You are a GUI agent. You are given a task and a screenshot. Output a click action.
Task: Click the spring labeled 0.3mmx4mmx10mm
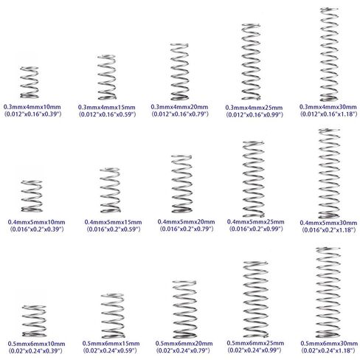pyautogui.click(x=30, y=83)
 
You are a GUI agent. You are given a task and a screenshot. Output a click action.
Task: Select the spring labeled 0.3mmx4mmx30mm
pyautogui.click(x=329, y=54)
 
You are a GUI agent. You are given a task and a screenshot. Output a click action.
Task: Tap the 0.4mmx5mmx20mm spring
pyautogui.click(x=181, y=184)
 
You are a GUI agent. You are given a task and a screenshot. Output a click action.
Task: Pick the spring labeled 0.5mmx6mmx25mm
pyautogui.click(x=256, y=299)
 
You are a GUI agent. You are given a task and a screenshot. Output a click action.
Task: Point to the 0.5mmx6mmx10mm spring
pyautogui.click(x=34, y=321)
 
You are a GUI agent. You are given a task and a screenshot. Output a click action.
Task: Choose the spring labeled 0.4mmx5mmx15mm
pyautogui.click(x=110, y=190)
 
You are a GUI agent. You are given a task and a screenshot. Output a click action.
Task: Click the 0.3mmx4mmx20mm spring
pyautogui.click(x=179, y=72)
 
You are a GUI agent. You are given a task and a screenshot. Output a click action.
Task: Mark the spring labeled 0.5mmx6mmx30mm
pyautogui.click(x=328, y=293)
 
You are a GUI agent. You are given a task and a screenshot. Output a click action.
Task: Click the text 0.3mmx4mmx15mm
pyautogui.click(x=107, y=108)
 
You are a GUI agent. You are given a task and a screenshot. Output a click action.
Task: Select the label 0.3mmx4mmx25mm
pyautogui.click(x=254, y=108)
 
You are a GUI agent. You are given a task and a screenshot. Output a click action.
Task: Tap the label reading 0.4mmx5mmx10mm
pyautogui.click(x=37, y=222)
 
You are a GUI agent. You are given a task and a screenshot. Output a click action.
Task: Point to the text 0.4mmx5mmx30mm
pyautogui.click(x=328, y=223)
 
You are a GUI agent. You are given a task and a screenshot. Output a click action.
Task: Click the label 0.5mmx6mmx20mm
pyautogui.click(x=184, y=343)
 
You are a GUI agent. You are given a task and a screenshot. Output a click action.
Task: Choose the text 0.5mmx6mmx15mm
pyautogui.click(x=111, y=343)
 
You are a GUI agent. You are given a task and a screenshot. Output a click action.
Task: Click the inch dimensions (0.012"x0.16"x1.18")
pyautogui.click(x=328, y=114)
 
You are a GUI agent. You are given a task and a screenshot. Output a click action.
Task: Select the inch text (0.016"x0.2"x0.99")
pyautogui.click(x=256, y=229)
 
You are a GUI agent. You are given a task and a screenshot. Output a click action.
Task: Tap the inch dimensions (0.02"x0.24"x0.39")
pyautogui.click(x=35, y=350)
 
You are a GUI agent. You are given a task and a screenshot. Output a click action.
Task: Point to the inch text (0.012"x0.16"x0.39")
pyautogui.click(x=32, y=114)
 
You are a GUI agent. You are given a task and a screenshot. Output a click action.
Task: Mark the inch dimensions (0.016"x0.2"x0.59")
pyautogui.click(x=114, y=229)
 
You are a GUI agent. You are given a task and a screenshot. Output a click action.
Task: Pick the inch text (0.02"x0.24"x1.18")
pyautogui.click(x=328, y=350)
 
